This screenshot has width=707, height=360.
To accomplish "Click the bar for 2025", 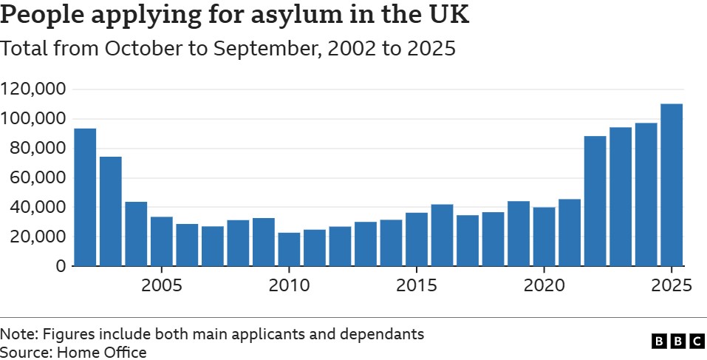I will tap(671, 185).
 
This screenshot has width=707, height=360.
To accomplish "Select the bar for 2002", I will tap(85, 197).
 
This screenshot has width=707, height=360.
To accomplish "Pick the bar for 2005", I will tap(162, 241).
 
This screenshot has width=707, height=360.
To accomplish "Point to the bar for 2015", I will tap(417, 239).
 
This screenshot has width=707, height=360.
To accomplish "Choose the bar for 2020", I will tap(544, 237).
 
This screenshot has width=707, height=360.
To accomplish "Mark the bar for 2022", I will tap(595, 200).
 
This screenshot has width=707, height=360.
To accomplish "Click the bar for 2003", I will tap(111, 211).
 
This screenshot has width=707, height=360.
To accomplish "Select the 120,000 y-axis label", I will tap(34, 89).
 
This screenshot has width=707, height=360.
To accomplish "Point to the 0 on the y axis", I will tap(61, 266).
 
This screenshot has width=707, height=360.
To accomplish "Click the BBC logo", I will tap(678, 341).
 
